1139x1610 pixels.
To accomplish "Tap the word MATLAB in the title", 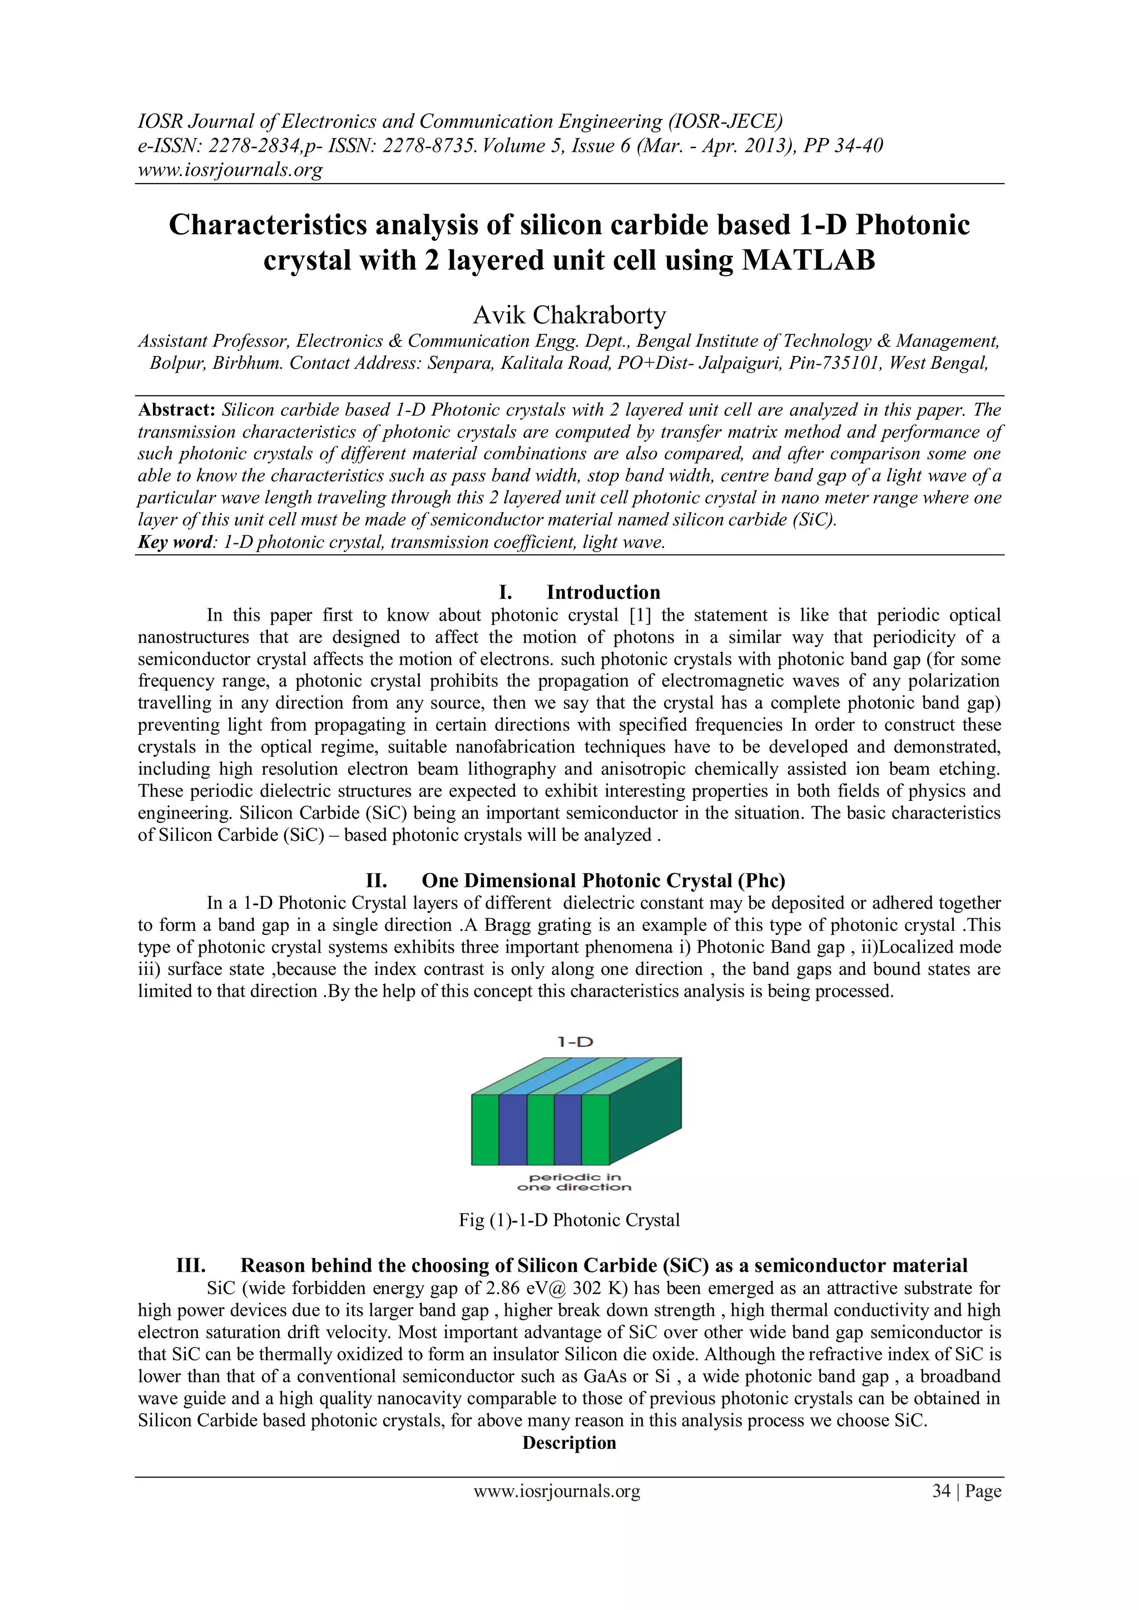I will click(809, 260).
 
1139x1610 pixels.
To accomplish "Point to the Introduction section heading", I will click(603, 592).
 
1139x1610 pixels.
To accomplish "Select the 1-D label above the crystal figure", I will click(575, 1042).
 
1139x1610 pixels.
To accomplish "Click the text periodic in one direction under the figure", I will click(575, 1182).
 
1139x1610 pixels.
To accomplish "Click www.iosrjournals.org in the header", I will click(230, 170).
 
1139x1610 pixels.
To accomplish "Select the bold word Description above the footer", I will click(569, 1443).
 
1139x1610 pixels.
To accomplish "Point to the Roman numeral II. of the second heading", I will click(377, 881).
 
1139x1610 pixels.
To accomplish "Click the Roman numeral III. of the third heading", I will click(191, 1266).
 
